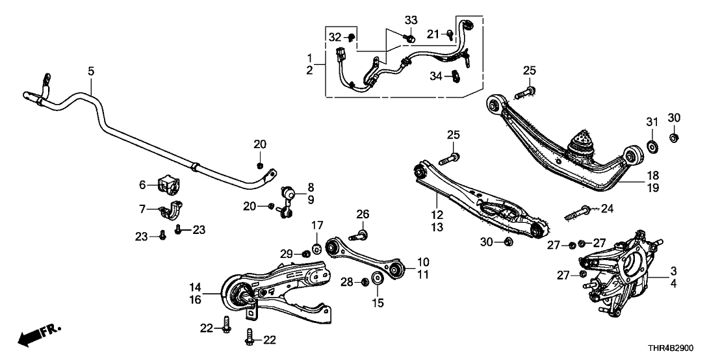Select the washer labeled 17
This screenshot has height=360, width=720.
coord(317,250)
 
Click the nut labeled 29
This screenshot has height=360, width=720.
coord(305,253)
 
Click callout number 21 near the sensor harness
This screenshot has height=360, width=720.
coord(434,33)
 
